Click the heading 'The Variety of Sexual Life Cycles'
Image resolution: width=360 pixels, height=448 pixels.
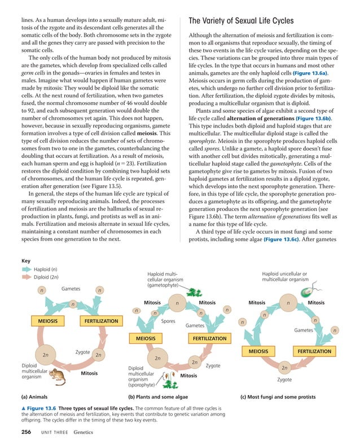tap(241, 21)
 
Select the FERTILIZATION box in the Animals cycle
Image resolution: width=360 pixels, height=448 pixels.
tap(101, 321)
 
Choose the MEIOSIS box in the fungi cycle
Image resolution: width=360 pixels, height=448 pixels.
tap(259, 352)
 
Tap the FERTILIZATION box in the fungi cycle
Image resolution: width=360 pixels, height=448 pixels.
tap(314, 352)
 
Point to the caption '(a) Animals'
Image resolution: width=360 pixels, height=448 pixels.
tap(35, 397)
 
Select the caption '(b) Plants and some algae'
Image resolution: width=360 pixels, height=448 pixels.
tap(157, 397)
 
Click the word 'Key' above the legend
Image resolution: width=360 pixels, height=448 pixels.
tap(25, 261)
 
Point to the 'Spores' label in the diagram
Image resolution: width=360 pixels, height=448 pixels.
tap(168, 322)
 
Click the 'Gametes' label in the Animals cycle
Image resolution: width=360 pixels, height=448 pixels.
tap(71, 288)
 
